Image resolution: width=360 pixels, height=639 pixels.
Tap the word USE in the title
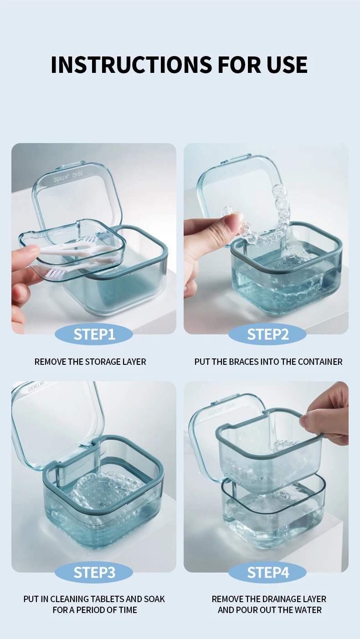(x=287, y=65)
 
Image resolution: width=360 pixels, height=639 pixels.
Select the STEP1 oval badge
(x=94, y=334)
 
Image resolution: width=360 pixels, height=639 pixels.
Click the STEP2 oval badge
(x=267, y=334)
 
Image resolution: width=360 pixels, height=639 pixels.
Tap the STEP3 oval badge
(x=94, y=572)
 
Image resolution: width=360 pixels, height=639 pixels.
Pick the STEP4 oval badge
(x=267, y=572)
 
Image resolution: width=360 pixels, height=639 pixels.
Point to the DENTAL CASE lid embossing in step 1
(x=68, y=177)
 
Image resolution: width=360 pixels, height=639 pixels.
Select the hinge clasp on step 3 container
(x=86, y=443)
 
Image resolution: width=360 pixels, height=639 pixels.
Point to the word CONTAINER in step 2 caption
(x=320, y=362)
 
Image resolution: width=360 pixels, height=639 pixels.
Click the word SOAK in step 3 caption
(x=154, y=599)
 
